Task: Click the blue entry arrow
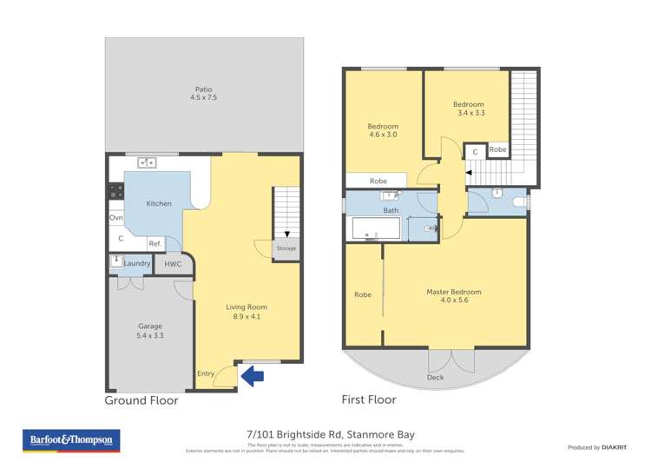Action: (x=253, y=376)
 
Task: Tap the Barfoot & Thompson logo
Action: (x=71, y=441)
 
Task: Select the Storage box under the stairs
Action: (x=286, y=248)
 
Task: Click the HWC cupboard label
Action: (x=173, y=264)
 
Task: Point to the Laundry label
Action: (x=137, y=264)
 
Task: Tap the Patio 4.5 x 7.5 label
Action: (x=203, y=94)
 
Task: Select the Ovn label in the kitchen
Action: (x=116, y=218)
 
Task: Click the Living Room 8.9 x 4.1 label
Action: (x=247, y=312)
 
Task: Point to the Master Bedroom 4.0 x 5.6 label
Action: (x=453, y=296)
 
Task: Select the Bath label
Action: (x=391, y=211)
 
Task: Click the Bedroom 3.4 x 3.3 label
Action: (x=468, y=109)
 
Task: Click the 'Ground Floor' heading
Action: (x=141, y=400)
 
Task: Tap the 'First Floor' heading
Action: (x=369, y=400)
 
